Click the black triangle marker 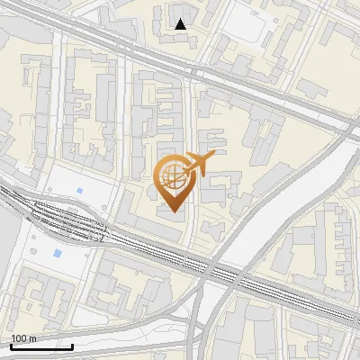coord(181,24)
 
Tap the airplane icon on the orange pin coord(198,164)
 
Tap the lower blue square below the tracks coord(58,253)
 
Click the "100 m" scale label coord(23,338)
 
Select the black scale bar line coord(40,346)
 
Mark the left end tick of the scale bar coord(9,345)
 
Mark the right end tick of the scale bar coord(73,345)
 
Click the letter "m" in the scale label coord(32,338)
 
